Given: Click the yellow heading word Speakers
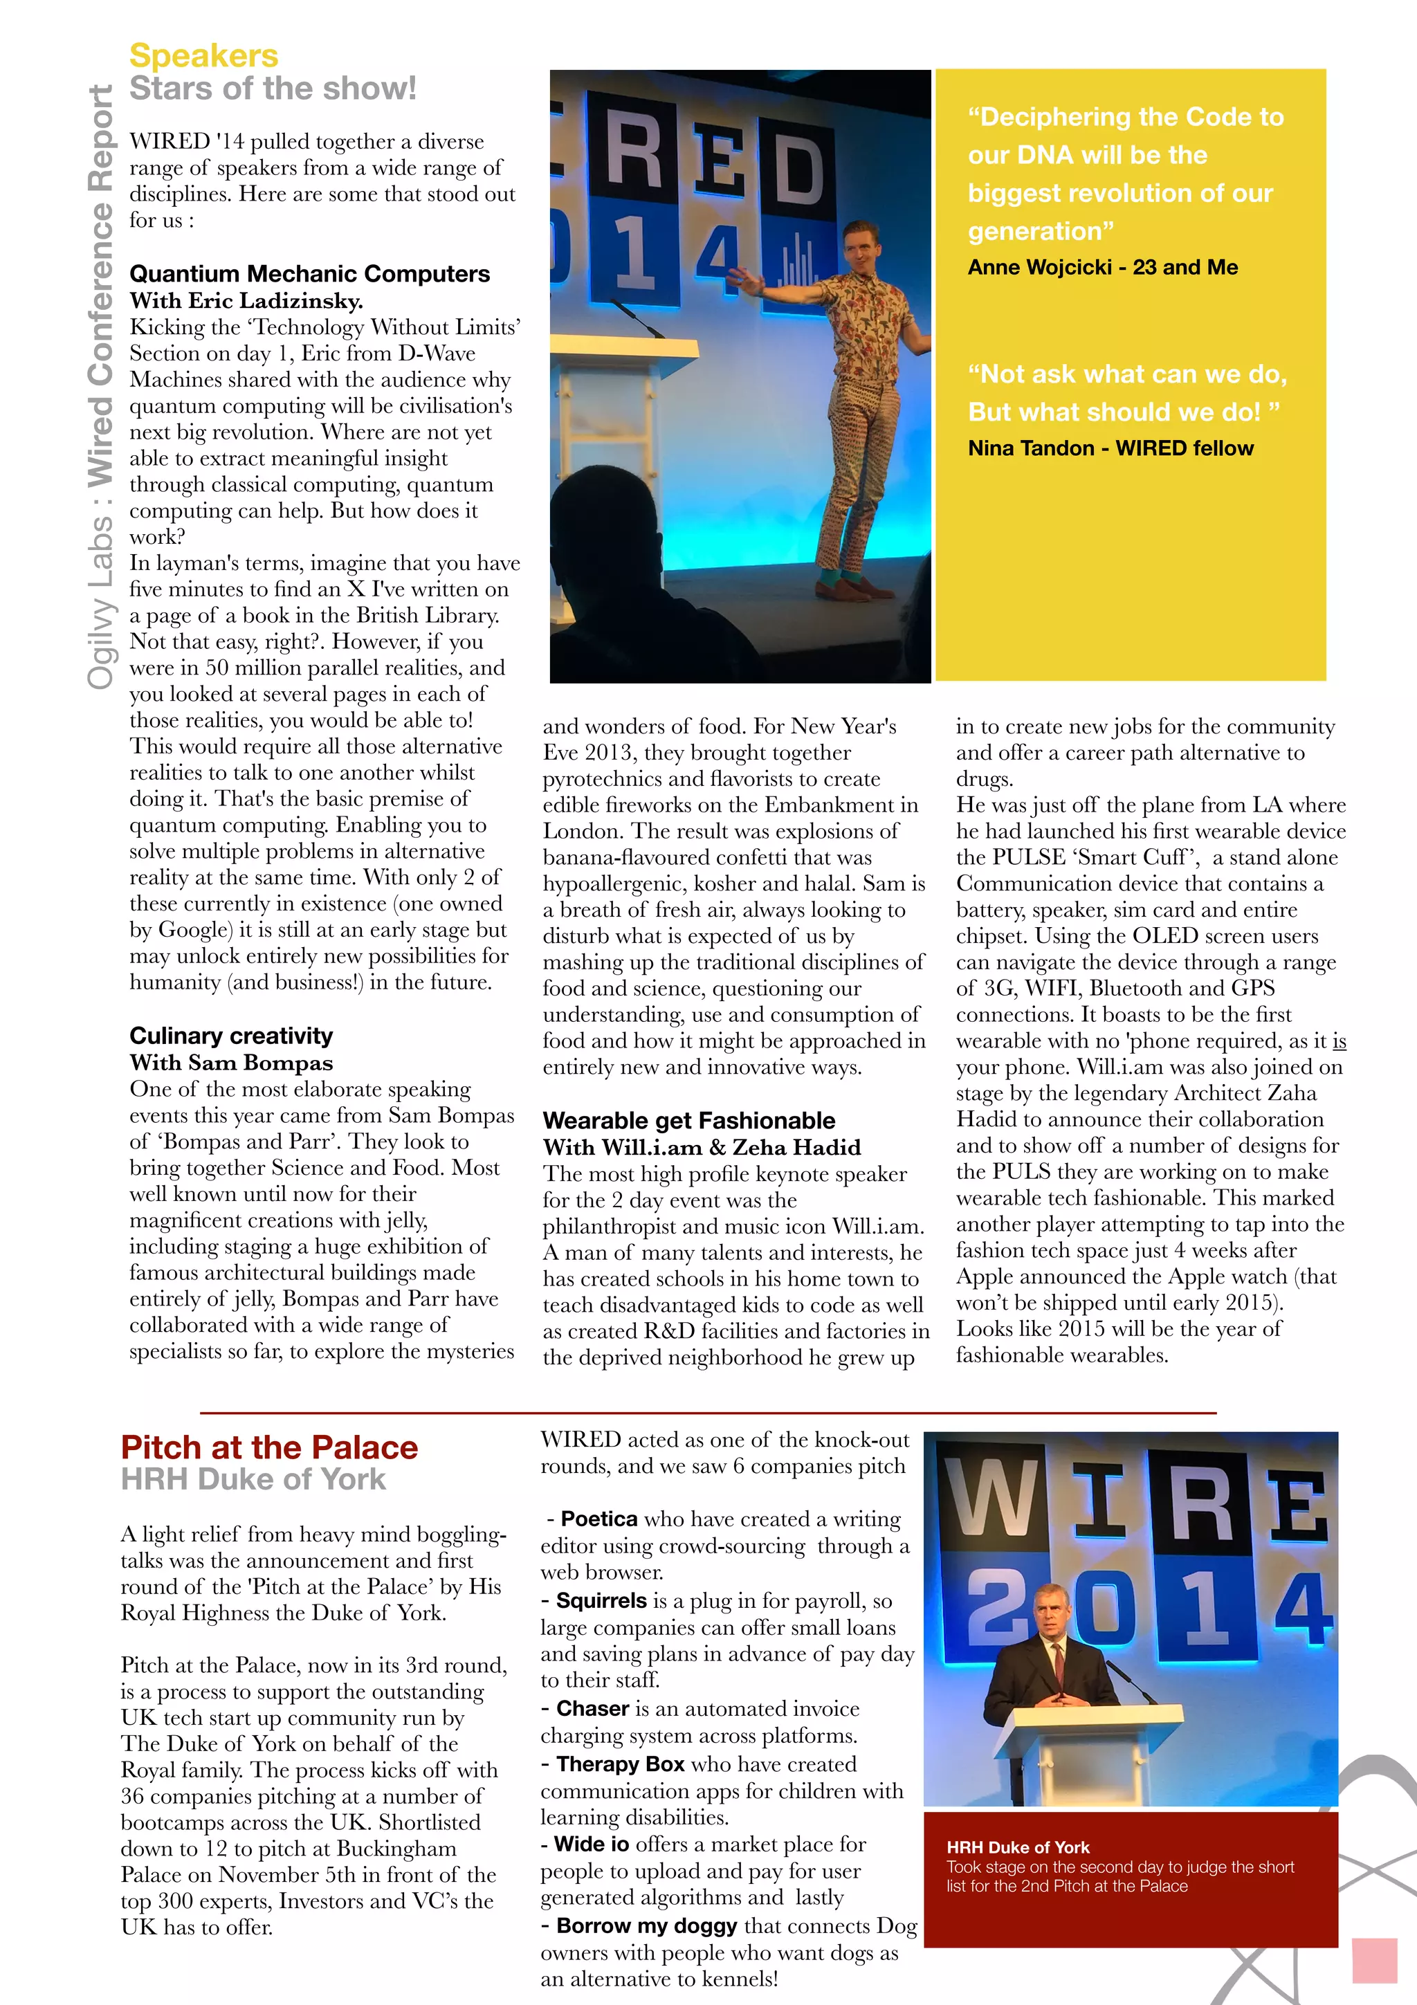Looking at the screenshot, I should click(x=203, y=56).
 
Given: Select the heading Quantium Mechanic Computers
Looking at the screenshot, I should click(x=309, y=274).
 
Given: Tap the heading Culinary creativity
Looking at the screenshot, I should click(x=231, y=1036).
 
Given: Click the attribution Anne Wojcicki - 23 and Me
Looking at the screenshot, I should click(x=1103, y=267).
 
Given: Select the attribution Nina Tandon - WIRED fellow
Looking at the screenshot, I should click(x=1110, y=448).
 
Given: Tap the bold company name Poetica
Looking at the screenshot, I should click(x=599, y=1519).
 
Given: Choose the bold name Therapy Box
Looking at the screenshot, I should click(x=620, y=1764).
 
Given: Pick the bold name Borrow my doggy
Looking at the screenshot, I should click(x=646, y=1925).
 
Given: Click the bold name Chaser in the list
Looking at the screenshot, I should click(x=593, y=1708).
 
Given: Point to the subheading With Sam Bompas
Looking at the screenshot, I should click(x=231, y=1063).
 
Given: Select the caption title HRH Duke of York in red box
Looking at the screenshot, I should click(x=1018, y=1847).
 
